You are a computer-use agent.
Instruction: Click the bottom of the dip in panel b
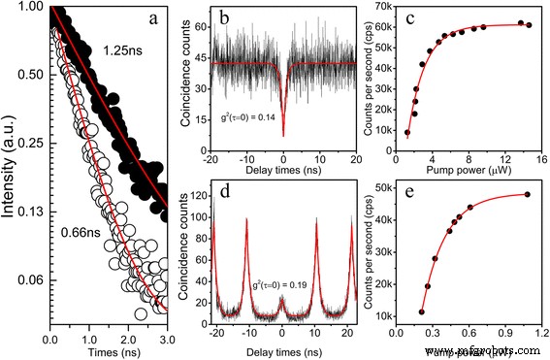[283, 136]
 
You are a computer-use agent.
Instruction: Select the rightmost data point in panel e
[528, 194]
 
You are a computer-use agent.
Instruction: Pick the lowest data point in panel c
[407, 132]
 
